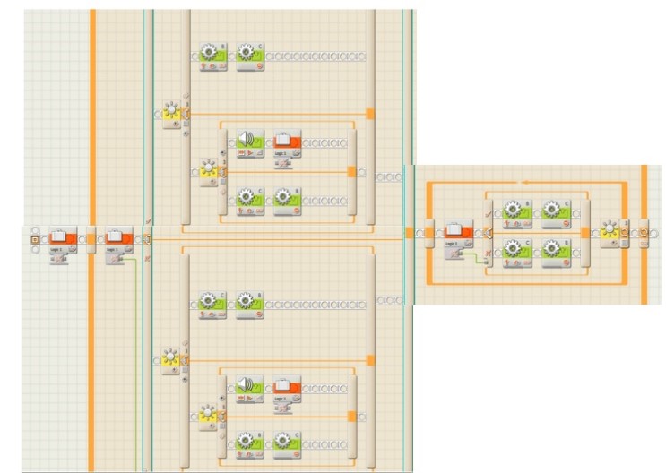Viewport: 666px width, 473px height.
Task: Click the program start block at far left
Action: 35,239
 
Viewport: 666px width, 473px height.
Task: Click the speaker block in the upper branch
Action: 250,142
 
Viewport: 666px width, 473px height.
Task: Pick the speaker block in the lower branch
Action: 250,387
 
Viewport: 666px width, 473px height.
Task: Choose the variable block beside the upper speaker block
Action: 286,142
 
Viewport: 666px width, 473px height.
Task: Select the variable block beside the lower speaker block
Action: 286,387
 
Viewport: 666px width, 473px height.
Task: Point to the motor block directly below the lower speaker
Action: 250,443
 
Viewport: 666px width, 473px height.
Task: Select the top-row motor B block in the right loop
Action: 515,211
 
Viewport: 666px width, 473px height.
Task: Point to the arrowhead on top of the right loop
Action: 525,181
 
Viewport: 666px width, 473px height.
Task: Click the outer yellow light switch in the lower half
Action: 171,361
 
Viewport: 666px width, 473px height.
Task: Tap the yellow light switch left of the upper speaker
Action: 210,168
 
